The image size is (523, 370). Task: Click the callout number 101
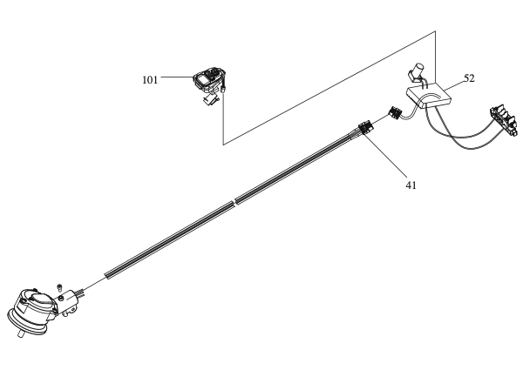tap(151, 78)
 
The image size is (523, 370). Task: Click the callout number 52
tap(469, 77)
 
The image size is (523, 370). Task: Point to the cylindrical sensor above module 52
tap(418, 69)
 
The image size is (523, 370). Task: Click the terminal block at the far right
tap(505, 118)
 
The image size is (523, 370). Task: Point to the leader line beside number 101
tap(174, 77)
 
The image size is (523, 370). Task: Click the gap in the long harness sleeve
tap(234, 205)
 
